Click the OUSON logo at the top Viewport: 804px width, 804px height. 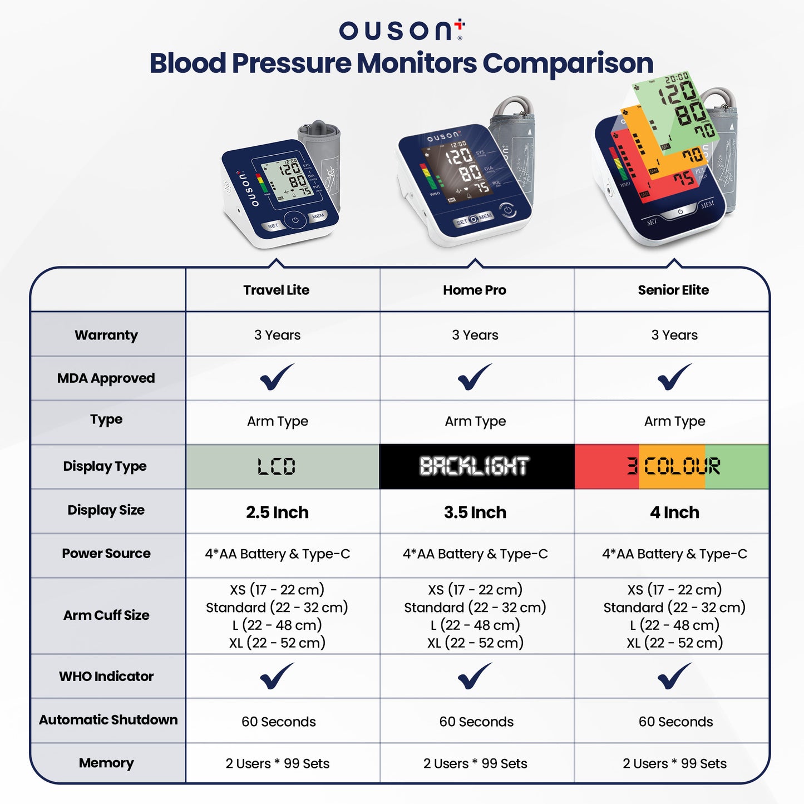coord(401,30)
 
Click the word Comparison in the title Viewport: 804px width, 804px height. coord(568,63)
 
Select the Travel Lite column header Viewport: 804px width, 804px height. coord(276,290)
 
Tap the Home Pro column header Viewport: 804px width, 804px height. coord(475,290)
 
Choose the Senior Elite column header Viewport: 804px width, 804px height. coord(673,290)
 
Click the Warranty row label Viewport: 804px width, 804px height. coord(106,335)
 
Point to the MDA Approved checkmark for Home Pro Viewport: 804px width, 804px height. coord(475,377)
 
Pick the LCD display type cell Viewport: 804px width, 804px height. coord(277,466)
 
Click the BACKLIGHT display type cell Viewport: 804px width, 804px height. coord(475,466)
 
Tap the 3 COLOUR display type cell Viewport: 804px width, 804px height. coord(673,466)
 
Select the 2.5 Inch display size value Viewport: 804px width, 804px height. coord(277,512)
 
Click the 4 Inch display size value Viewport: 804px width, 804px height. coord(674,512)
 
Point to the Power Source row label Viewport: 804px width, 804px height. coord(106,554)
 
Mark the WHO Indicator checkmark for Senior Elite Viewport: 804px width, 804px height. coord(674,676)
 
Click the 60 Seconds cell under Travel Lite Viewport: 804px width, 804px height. coord(278,722)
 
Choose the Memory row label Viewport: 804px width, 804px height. coord(106,763)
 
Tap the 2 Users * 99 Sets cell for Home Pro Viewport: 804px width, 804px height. coord(475,763)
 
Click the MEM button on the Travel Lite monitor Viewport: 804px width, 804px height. coord(318,216)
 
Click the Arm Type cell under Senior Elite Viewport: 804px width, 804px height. coord(674,421)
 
